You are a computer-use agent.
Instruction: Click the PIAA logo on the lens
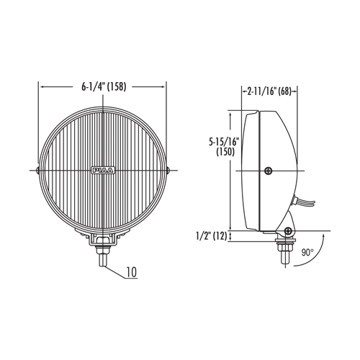pyautogui.click(x=103, y=170)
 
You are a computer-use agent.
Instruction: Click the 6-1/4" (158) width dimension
pyautogui.click(x=104, y=86)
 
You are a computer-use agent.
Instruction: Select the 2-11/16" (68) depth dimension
pyautogui.click(x=269, y=91)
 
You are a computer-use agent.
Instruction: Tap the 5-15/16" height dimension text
pyautogui.click(x=225, y=142)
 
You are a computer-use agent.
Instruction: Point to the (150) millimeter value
pyautogui.click(x=225, y=152)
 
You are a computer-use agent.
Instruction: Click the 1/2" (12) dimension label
pyautogui.click(x=212, y=236)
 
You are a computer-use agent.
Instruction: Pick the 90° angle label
pyautogui.click(x=307, y=253)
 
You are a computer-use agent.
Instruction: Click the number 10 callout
pyautogui.click(x=132, y=272)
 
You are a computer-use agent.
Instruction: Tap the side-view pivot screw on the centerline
pyautogui.click(x=269, y=171)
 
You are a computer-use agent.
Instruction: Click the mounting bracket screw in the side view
pyautogui.click(x=288, y=231)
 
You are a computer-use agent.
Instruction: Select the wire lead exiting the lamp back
pyautogui.click(x=305, y=203)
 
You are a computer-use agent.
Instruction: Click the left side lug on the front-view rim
pyautogui.click(x=37, y=171)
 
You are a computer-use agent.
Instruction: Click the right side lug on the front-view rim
pyautogui.click(x=168, y=171)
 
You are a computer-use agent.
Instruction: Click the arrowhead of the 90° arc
pyautogui.click(x=323, y=236)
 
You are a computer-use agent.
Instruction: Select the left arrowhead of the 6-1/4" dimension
pyautogui.click(x=42, y=87)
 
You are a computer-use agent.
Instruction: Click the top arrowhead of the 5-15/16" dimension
pyautogui.click(x=230, y=114)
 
